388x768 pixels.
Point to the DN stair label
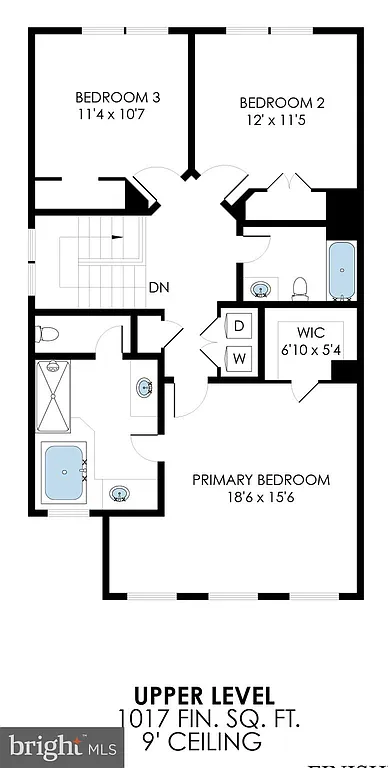point(158,287)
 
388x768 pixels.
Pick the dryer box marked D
point(240,325)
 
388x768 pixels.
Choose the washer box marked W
point(240,357)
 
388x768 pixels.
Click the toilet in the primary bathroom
point(50,334)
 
